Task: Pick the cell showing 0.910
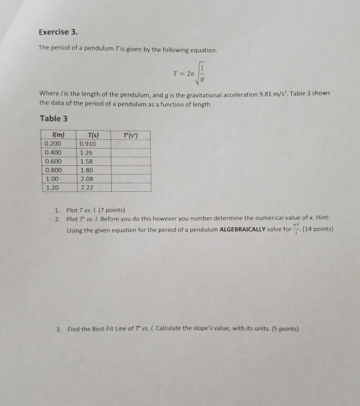pyautogui.click(x=87, y=143)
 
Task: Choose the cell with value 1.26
pyautogui.click(x=85, y=151)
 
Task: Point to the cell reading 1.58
pyautogui.click(x=85, y=161)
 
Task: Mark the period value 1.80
pyautogui.click(x=85, y=170)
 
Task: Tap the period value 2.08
pyautogui.click(x=85, y=179)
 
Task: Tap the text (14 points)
pyautogui.click(x=317, y=230)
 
